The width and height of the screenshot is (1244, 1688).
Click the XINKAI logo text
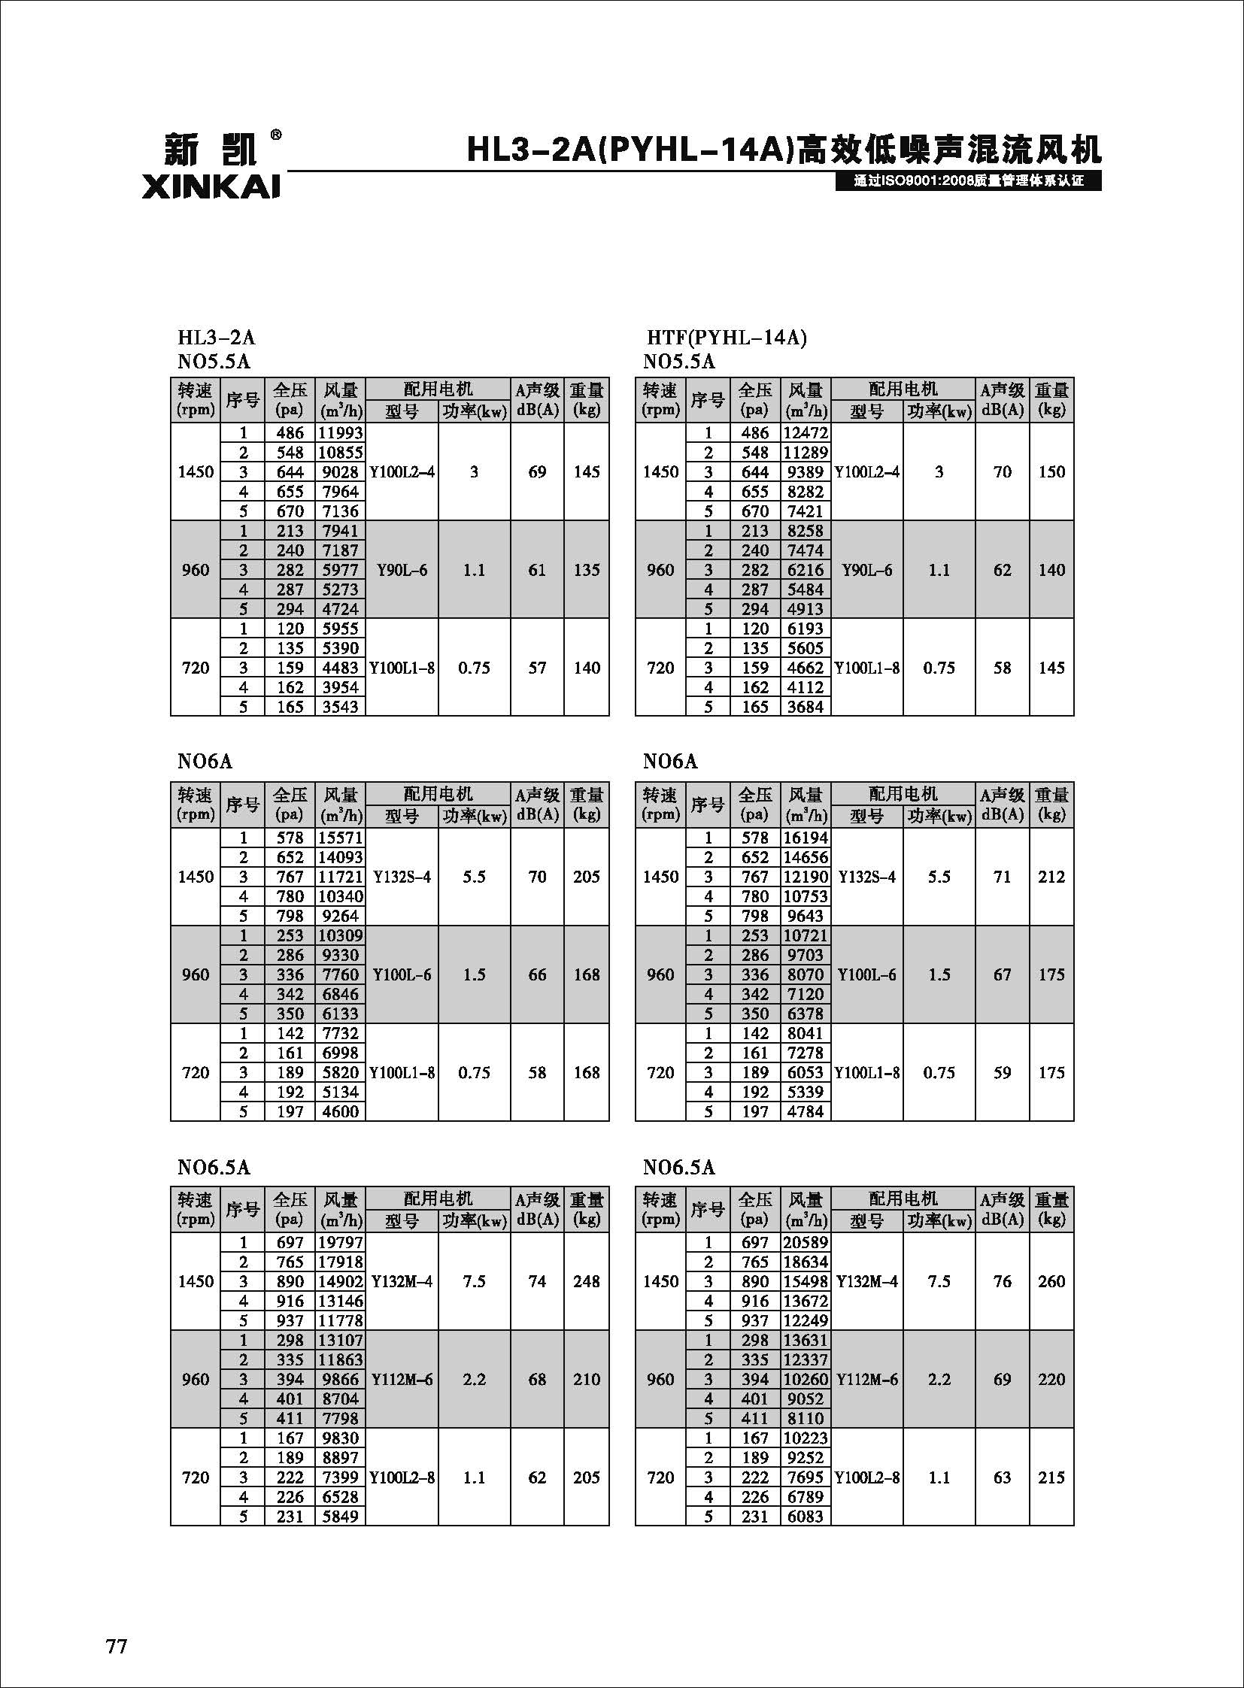pos(211,186)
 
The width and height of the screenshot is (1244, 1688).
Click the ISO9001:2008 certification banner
pos(969,181)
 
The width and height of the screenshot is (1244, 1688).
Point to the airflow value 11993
pos(341,433)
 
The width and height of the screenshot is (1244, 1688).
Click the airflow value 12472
pos(805,433)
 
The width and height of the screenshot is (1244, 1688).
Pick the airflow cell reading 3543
pos(341,707)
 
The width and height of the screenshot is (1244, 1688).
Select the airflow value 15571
pos(341,838)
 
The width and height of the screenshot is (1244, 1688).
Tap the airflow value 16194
pos(805,838)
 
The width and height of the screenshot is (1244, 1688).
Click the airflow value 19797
pos(341,1243)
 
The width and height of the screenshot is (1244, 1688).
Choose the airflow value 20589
pos(805,1243)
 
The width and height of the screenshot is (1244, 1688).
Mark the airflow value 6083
pos(805,1517)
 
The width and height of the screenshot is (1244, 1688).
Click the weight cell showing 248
pos(586,1281)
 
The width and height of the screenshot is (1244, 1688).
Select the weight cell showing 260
pos(1051,1281)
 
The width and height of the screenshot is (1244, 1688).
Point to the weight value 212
pos(1051,877)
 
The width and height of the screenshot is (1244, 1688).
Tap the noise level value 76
pos(1003,1281)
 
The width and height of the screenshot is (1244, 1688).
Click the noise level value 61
pos(537,570)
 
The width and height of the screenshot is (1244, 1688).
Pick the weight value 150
pos(1051,472)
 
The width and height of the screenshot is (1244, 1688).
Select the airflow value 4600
pos(341,1112)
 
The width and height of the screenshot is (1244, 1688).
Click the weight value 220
pos(1051,1379)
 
